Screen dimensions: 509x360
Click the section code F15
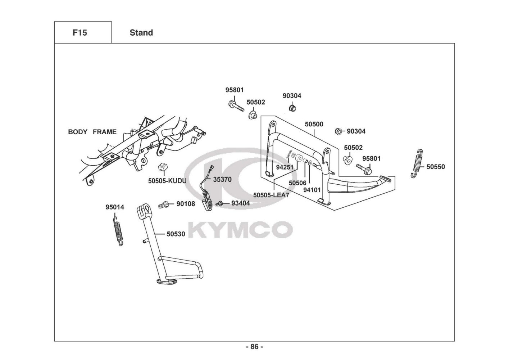[80, 33]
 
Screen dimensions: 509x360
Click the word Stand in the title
[141, 33]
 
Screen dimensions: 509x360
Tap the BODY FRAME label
[92, 132]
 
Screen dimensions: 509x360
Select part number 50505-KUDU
[167, 181]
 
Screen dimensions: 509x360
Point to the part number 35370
[222, 179]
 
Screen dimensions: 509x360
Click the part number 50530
[176, 234]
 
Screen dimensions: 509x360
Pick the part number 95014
[115, 207]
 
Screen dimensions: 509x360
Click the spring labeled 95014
[118, 231]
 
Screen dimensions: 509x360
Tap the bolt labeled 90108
[163, 205]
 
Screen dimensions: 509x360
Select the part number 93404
[241, 203]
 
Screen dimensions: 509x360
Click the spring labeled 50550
[417, 163]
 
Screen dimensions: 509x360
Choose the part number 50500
[314, 124]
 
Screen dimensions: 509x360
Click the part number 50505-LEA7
[271, 195]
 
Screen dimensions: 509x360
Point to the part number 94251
[285, 167]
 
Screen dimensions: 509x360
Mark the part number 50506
[297, 183]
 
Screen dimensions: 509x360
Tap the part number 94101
[312, 190]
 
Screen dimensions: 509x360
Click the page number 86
[255, 347]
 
